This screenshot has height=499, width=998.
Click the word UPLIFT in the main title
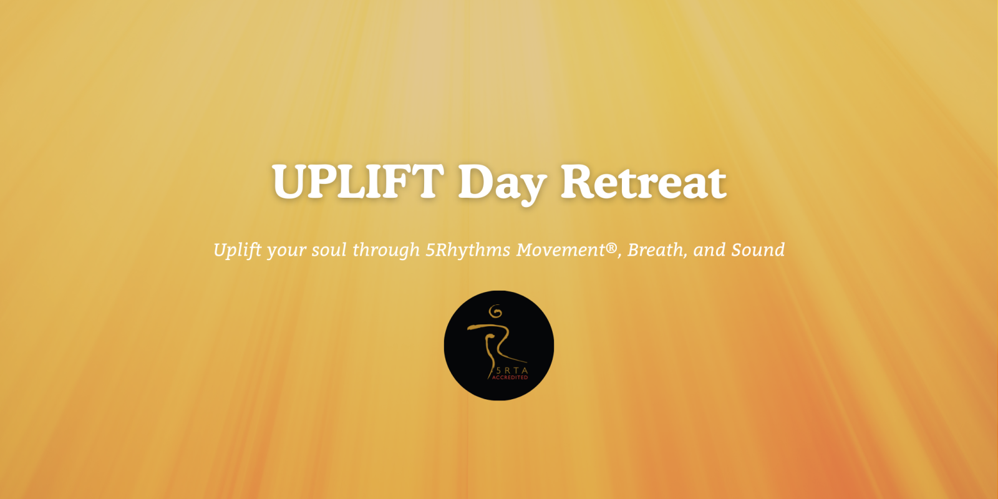[x=358, y=182]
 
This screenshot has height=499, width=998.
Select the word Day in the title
[x=502, y=185]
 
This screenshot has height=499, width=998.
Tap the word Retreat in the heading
[x=643, y=182]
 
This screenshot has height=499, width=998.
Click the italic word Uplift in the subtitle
[x=238, y=250]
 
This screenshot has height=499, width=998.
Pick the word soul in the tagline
[x=329, y=250]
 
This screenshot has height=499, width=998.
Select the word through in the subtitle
[x=386, y=250]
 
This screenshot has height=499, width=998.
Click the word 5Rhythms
[x=468, y=250]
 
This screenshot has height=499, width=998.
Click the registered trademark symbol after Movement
[x=611, y=246]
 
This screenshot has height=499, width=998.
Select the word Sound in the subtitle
[x=758, y=250]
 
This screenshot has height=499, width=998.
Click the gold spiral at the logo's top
[x=495, y=311]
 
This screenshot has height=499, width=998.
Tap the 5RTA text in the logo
[x=511, y=371]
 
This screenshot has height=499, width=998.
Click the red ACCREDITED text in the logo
[x=510, y=377]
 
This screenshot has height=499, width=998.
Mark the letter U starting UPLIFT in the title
[x=290, y=182]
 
